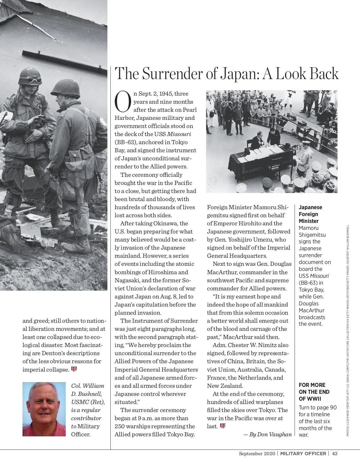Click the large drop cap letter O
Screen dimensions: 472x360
123,101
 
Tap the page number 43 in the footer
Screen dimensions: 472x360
335,453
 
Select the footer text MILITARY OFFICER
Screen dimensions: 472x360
303,453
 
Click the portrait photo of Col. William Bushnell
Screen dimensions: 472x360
44,409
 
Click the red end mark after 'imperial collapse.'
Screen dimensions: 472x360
74,369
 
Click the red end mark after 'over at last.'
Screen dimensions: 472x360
222,426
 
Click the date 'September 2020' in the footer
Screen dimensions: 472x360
257,453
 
